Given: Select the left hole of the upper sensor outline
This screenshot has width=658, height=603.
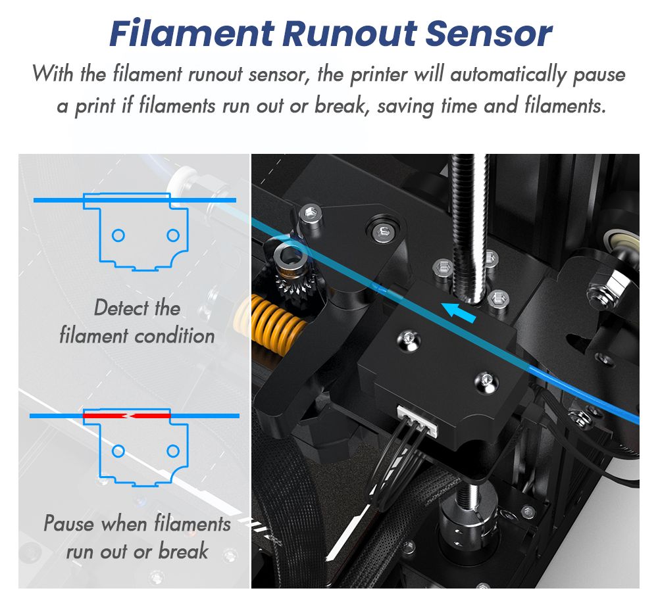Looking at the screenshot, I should point(118,235).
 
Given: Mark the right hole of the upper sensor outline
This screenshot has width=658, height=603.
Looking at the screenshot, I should point(173,235).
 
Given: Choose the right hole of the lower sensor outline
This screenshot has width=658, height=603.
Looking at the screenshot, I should point(173,451).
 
